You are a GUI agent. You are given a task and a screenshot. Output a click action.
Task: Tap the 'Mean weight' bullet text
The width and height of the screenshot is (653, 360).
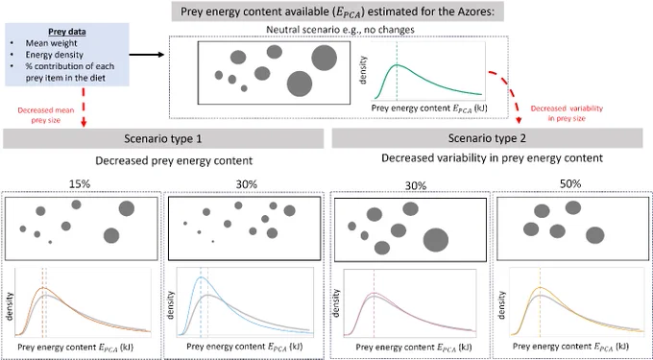(x=46, y=43)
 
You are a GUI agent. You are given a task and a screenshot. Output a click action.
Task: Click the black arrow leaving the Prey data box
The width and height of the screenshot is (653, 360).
(x=148, y=55)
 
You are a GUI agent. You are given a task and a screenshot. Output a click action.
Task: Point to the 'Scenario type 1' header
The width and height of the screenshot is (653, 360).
(x=163, y=138)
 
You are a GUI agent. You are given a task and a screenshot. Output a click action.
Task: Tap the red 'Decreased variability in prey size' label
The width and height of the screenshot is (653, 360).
(x=567, y=112)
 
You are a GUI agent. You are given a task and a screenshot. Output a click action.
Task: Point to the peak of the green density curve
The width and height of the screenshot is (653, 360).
(x=397, y=65)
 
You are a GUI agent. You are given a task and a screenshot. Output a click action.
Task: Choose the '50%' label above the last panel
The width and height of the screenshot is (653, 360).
(x=570, y=184)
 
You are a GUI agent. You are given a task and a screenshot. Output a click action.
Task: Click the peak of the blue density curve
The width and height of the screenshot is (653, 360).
(x=201, y=277)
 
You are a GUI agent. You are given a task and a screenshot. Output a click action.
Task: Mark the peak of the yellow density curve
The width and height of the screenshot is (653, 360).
(x=540, y=287)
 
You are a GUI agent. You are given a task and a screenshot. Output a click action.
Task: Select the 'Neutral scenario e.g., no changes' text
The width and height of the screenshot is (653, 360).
(x=336, y=31)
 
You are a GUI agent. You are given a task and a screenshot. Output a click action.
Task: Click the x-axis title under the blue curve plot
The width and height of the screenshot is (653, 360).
(x=245, y=347)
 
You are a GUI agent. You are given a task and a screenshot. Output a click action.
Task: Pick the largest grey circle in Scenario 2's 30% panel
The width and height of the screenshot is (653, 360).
(x=436, y=240)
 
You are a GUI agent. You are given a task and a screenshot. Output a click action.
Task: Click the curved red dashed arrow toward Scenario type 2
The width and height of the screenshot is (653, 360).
(x=512, y=89)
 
